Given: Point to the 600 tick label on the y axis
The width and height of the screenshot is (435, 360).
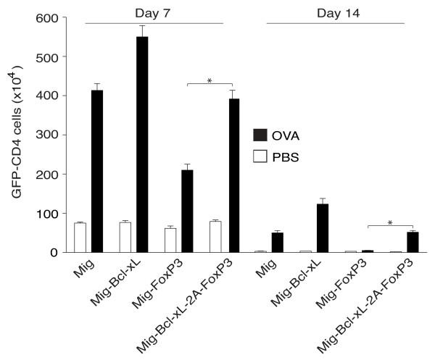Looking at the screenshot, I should click(46, 17).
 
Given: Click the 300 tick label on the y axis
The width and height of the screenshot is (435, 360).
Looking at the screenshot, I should click(46, 135).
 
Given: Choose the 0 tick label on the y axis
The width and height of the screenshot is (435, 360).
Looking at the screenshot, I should click(53, 252).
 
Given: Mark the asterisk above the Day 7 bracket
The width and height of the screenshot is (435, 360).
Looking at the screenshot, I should click(209, 81).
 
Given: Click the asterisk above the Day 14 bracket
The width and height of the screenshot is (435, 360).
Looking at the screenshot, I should click(391, 221).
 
